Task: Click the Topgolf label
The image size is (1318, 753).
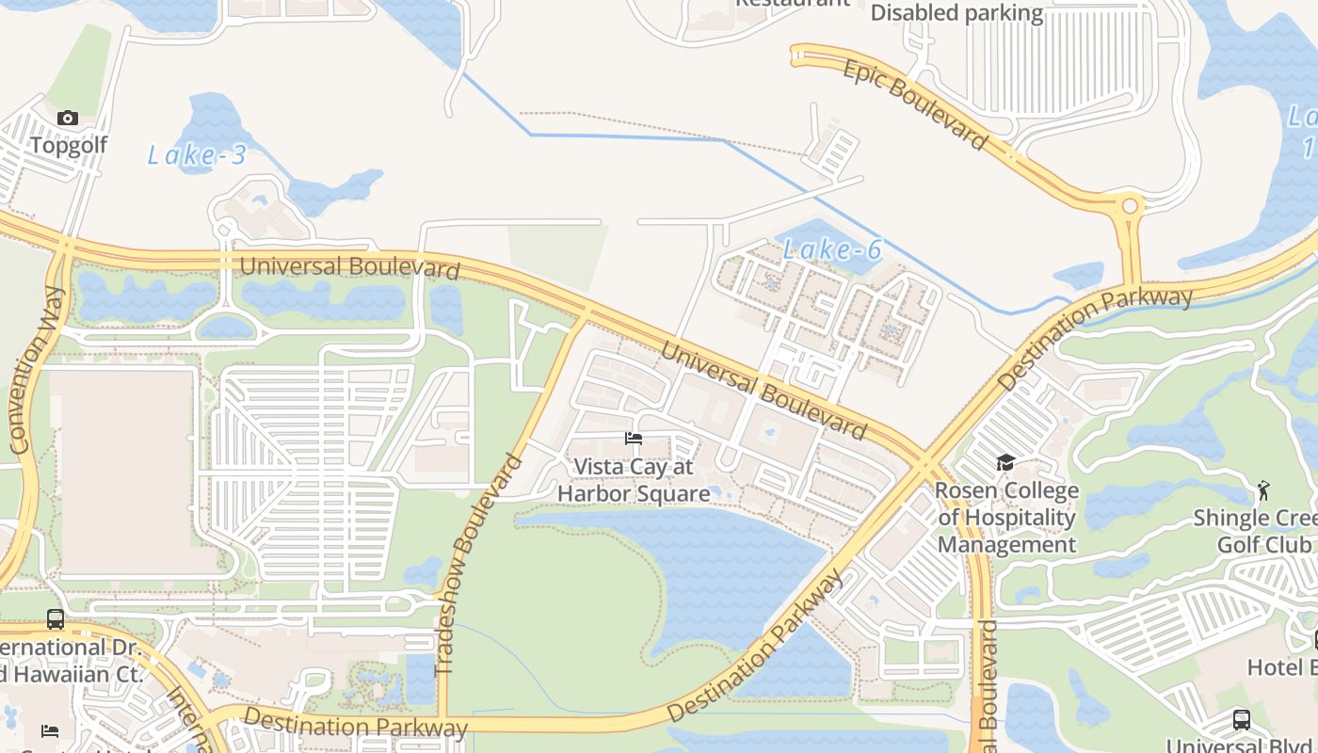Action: (68, 145)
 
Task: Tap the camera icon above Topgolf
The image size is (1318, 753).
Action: (68, 118)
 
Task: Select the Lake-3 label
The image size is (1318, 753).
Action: (197, 155)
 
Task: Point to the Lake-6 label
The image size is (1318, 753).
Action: (832, 249)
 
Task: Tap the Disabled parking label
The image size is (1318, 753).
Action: (956, 13)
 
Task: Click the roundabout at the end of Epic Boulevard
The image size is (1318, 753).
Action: (1129, 205)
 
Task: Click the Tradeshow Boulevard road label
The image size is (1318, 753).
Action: (479, 565)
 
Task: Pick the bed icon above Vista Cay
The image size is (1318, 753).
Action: (634, 439)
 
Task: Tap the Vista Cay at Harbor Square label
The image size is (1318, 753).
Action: (634, 480)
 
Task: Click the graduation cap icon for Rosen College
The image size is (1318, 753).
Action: (1005, 462)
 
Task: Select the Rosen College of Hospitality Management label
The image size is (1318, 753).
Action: (1006, 518)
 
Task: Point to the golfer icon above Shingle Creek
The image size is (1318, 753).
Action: (1262, 489)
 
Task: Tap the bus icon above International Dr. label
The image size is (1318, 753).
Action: (56, 619)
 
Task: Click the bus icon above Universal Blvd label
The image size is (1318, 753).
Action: (1241, 720)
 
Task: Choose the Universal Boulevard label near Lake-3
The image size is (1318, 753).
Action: (349, 267)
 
